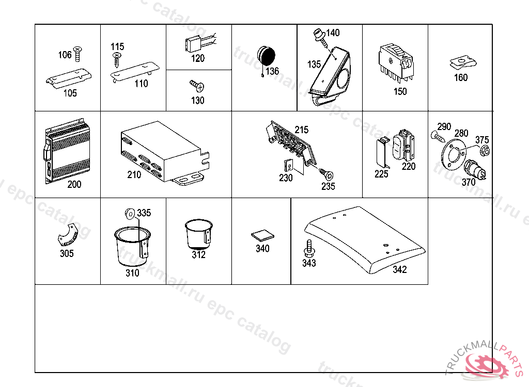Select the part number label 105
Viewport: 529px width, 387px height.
pos(70,93)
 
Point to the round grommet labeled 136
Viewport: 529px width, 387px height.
pos(267,55)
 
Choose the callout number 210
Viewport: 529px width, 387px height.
pos(134,175)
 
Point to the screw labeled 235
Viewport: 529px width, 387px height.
pos(326,173)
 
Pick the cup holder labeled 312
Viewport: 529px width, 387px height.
pos(198,234)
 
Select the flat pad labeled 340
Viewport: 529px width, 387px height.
pos(261,236)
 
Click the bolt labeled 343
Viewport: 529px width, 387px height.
pos(309,248)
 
